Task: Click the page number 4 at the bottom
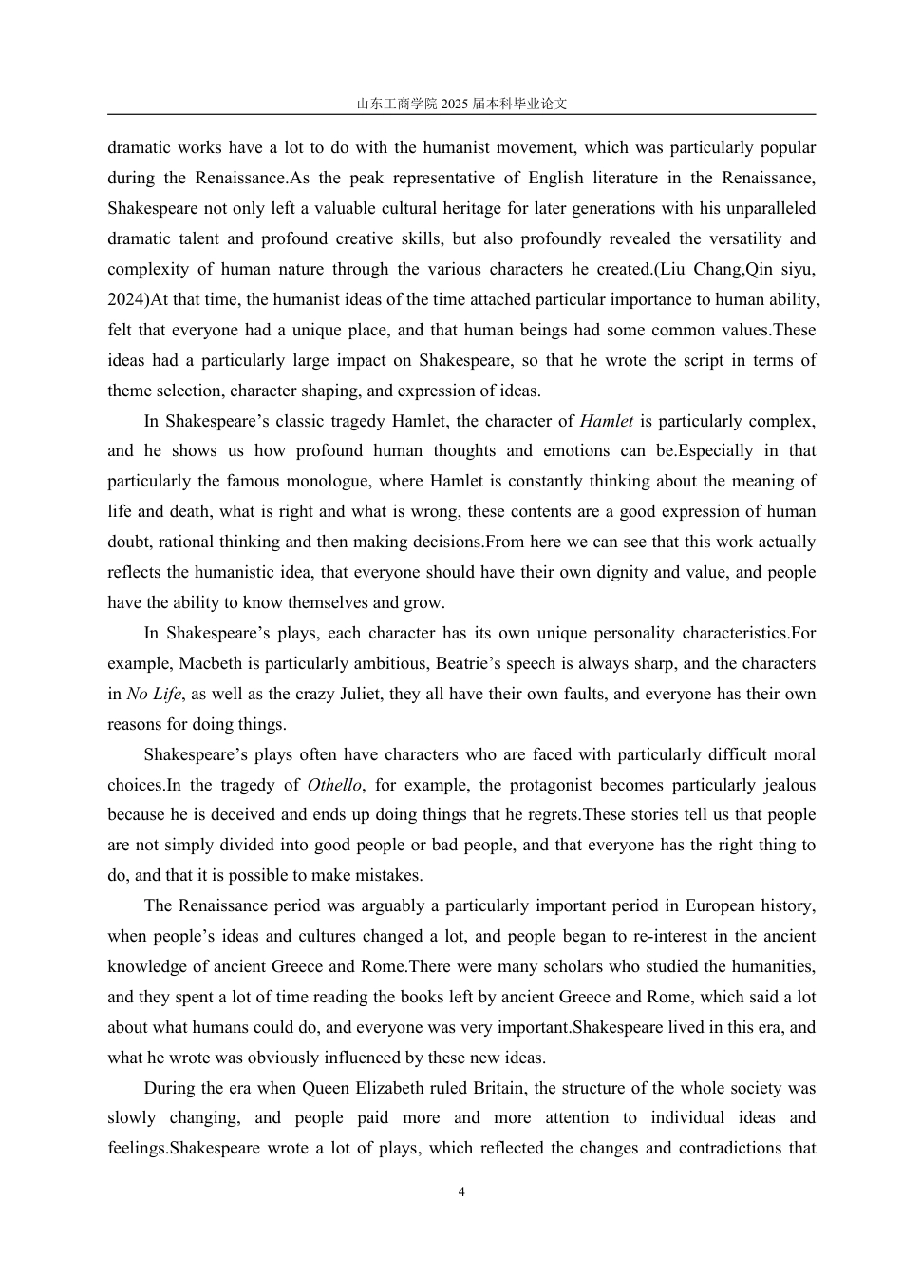(461, 1192)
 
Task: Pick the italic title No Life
(154, 694)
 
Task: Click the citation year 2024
(125, 299)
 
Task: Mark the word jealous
(782, 785)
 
